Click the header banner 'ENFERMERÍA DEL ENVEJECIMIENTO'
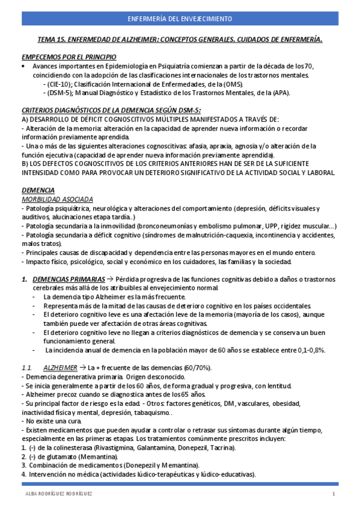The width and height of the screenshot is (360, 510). pyautogui.click(x=180, y=19)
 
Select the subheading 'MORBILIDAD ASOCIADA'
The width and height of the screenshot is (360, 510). pyautogui.click(x=57, y=198)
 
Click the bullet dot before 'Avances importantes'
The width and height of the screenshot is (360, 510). pyautogui.click(x=23, y=66)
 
